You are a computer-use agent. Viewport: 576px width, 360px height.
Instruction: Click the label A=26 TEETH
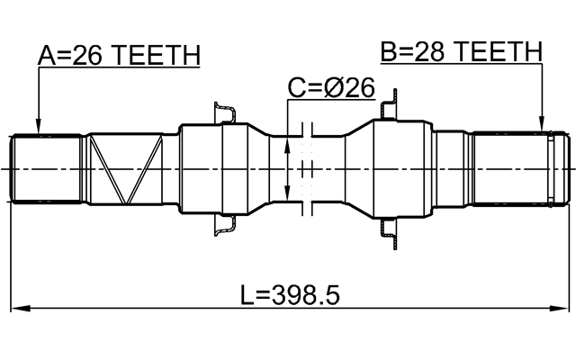118,56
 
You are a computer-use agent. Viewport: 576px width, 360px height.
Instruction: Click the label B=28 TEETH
461,52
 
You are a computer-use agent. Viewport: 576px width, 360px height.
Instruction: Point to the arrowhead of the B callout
543,126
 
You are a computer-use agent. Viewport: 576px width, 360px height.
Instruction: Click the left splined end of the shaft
46,169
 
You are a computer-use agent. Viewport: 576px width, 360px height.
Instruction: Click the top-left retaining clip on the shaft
224,112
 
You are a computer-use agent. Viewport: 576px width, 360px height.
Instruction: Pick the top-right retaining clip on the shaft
389,110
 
